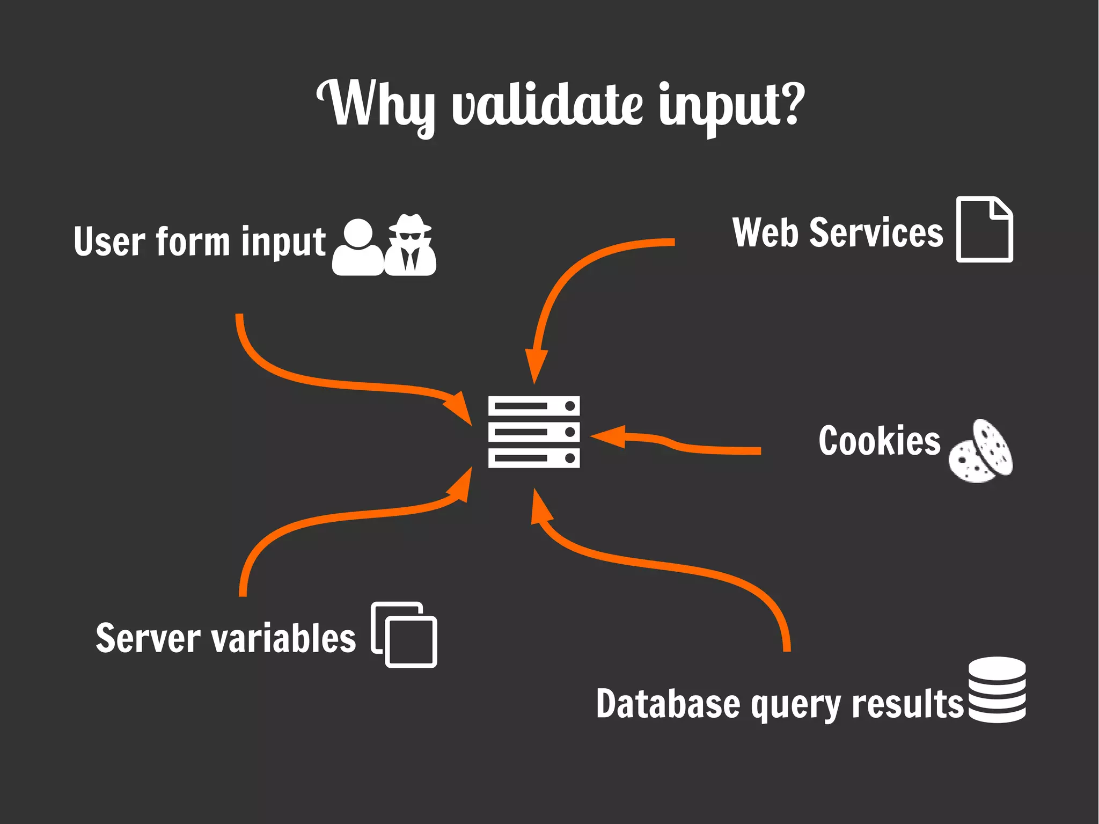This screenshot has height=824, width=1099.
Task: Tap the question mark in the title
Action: [x=788, y=103]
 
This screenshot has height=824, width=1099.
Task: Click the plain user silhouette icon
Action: [x=358, y=248]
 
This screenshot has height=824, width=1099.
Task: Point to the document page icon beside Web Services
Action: [x=984, y=230]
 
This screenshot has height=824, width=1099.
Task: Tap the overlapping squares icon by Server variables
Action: [x=404, y=635]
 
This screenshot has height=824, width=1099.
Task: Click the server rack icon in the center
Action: [x=534, y=432]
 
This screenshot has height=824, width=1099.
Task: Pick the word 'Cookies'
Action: [x=879, y=441]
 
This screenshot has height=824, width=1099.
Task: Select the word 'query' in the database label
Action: [x=795, y=704]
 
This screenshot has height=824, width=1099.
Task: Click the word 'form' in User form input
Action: [x=193, y=242]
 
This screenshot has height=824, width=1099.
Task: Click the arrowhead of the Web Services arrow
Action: [x=536, y=365]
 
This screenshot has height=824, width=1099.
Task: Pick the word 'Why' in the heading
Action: [x=376, y=105]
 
